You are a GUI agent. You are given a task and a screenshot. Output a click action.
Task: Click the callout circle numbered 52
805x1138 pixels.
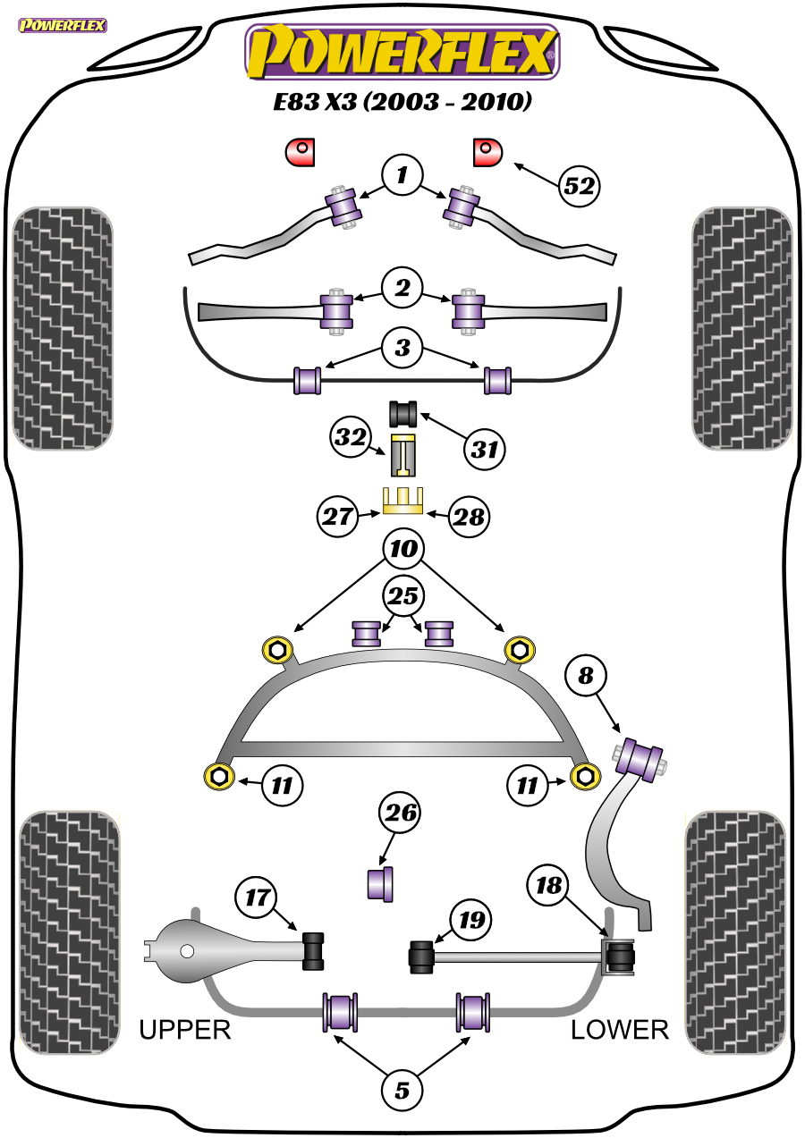[x=580, y=186]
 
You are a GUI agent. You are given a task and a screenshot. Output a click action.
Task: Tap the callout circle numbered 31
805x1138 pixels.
[x=484, y=449]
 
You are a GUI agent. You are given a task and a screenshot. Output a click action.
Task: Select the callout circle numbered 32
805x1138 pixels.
[x=351, y=437]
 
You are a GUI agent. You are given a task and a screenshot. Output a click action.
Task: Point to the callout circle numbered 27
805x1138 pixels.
[x=337, y=517]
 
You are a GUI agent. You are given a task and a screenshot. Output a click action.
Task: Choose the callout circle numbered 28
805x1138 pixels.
[x=469, y=518]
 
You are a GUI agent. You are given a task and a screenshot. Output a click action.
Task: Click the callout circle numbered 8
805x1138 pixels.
[x=586, y=676]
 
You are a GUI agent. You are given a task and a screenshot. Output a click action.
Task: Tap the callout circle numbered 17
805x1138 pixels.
[x=256, y=898]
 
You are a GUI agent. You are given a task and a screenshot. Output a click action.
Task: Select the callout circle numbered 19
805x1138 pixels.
[x=471, y=920]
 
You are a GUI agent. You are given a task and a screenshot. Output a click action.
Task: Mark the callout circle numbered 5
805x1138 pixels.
[x=402, y=1091]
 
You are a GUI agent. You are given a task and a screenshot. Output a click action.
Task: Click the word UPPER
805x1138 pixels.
[x=185, y=1030]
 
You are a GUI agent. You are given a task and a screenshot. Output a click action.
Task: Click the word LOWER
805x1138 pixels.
[x=620, y=1030]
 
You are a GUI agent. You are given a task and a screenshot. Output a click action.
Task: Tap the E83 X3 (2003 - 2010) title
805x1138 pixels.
[x=402, y=102]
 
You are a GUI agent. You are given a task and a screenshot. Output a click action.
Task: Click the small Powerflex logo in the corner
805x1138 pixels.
[x=63, y=25]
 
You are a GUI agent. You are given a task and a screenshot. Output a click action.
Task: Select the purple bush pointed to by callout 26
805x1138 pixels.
[x=380, y=884]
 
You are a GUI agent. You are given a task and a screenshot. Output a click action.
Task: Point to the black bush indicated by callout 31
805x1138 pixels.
[x=403, y=414]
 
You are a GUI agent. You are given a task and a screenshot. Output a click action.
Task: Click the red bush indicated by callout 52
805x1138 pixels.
[x=487, y=152]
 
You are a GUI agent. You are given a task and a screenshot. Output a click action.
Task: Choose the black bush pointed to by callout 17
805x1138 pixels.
[x=313, y=951]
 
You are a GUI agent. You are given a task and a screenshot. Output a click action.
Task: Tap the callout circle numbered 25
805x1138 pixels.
[x=403, y=596]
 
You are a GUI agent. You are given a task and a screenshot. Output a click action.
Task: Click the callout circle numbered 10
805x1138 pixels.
[x=403, y=549]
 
